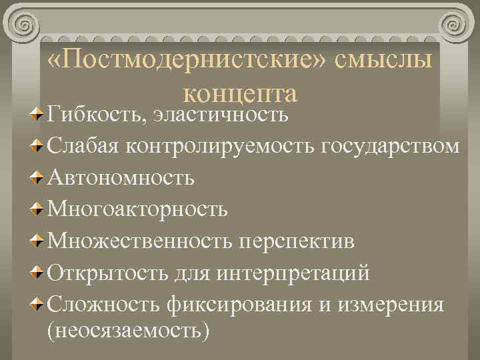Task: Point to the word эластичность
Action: point(220,114)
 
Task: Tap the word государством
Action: point(389,146)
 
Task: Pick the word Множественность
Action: point(139,241)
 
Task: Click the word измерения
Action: point(391,305)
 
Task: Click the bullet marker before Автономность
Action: point(38,178)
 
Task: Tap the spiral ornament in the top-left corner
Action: point(24,25)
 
